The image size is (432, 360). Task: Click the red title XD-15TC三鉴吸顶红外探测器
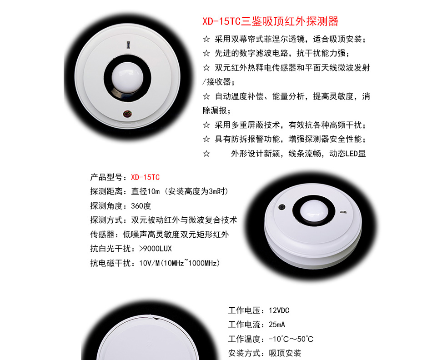click(270, 21)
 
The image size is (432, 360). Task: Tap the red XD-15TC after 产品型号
click(145, 177)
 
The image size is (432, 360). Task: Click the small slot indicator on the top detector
click(128, 45)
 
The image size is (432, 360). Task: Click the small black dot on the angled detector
click(281, 207)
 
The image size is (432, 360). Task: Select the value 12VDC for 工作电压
click(279, 310)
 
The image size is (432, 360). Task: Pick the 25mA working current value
click(277, 325)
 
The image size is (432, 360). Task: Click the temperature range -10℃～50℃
click(291, 339)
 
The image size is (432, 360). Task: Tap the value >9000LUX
click(156, 249)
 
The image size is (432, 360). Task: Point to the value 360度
click(141, 206)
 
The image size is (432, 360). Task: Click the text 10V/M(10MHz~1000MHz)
click(179, 263)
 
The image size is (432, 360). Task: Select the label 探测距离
click(106, 191)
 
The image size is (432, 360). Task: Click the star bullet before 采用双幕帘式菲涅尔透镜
click(206, 39)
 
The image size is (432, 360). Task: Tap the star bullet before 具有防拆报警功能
click(206, 139)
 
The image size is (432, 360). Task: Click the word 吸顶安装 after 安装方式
click(285, 353)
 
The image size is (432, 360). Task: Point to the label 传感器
click(102, 235)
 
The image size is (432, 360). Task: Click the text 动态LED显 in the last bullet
click(347, 154)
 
